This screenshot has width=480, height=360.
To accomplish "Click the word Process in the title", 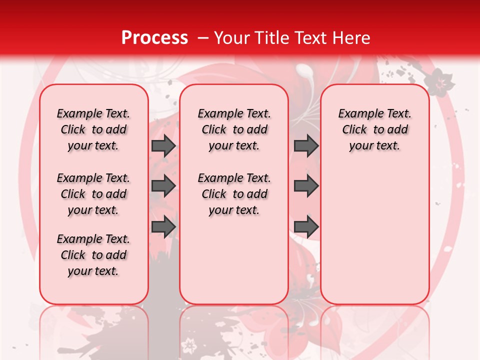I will [154, 38].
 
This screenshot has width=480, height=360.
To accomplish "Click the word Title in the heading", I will [270, 38].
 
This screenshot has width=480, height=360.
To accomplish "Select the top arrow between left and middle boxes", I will [163, 146].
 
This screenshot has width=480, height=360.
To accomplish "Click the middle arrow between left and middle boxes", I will [163, 186].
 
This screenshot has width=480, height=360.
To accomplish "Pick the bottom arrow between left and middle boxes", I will [163, 226].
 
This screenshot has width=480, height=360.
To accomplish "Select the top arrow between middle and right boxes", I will [306, 146].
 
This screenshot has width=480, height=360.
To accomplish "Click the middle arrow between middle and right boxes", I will [306, 186].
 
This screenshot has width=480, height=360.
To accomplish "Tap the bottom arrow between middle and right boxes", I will [306, 226].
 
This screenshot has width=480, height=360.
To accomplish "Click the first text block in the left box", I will [93, 129].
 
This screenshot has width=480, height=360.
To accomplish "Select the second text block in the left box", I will [93, 194].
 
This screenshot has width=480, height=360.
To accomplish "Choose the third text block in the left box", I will [93, 255].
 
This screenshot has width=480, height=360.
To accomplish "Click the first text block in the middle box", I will [234, 129].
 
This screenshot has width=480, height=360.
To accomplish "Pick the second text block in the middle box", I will [234, 194].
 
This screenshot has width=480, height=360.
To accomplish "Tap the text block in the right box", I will [375, 129].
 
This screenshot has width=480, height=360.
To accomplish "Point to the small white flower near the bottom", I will [189, 344].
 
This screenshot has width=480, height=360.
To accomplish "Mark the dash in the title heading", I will [203, 38].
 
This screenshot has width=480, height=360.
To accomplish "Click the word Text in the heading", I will [307, 38].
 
